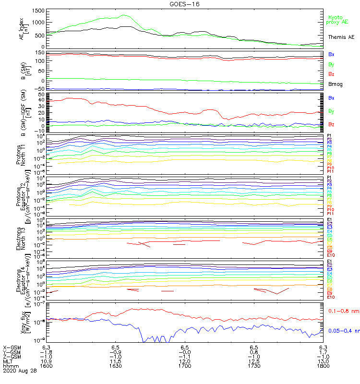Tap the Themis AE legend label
(x=341, y=37)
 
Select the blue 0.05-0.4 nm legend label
(x=343, y=330)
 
